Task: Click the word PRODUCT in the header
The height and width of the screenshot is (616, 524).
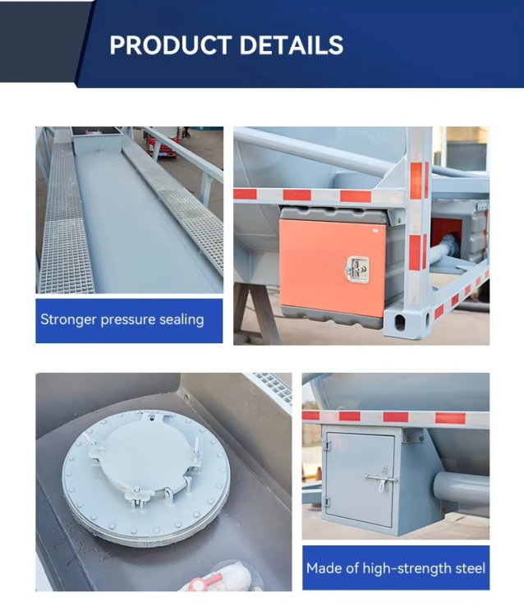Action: [163, 45]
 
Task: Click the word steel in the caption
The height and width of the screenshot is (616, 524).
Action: [468, 568]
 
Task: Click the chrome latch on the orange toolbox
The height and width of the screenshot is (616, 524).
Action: [358, 268]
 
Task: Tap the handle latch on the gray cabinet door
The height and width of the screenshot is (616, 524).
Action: [383, 480]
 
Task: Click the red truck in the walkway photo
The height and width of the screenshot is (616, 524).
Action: [161, 144]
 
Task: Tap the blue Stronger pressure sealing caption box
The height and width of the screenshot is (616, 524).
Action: [129, 320]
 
